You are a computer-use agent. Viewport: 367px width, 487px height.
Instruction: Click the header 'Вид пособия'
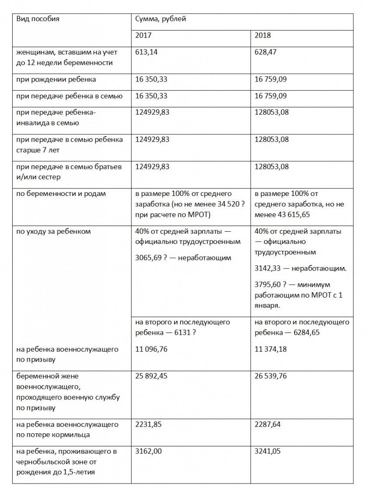tap(38, 19)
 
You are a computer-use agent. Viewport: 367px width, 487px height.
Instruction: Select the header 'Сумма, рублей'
tap(161, 19)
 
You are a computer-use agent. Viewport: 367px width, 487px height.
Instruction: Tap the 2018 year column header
tap(263, 35)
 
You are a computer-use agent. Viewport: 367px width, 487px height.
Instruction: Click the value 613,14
tap(147, 52)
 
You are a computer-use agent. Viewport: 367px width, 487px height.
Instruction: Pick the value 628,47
tap(266, 52)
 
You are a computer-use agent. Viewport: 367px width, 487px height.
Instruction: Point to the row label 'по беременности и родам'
tap(61, 194)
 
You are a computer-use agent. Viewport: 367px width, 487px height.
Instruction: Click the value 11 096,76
tap(152, 349)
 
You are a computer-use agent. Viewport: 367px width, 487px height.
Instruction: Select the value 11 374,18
tap(270, 349)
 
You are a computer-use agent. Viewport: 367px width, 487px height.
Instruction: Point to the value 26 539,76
tap(271, 376)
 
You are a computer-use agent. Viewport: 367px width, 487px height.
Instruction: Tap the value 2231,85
tap(149, 424)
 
